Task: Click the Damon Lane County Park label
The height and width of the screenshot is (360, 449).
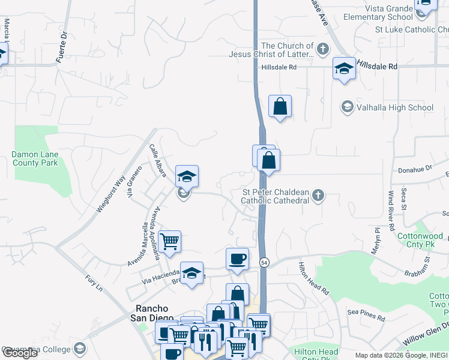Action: click(35, 158)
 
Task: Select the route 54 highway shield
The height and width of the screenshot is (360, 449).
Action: click(264, 262)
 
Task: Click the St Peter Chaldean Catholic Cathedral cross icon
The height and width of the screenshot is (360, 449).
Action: click(318, 195)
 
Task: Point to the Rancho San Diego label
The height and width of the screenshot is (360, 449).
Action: click(152, 313)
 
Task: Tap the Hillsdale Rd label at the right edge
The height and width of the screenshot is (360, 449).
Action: click(378, 65)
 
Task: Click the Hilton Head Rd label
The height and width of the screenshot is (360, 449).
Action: click(315, 278)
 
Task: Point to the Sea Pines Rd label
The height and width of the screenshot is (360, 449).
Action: click(366, 313)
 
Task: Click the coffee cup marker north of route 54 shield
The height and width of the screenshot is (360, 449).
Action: click(237, 259)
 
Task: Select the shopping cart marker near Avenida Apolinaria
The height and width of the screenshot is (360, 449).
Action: click(170, 241)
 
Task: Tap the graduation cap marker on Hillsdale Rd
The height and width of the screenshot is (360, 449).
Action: click(345, 68)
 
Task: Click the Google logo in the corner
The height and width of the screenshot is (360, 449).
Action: click(20, 353)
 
